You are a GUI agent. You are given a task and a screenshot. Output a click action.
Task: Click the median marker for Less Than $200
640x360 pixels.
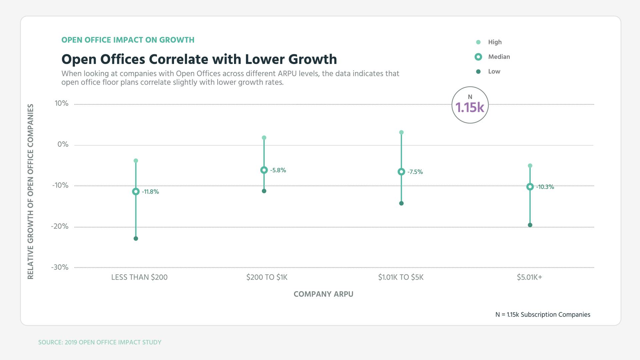(x=136, y=192)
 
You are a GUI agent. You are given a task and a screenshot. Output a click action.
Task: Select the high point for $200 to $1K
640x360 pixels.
(x=264, y=138)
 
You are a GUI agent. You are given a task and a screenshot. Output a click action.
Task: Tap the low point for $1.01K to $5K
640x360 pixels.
(x=401, y=203)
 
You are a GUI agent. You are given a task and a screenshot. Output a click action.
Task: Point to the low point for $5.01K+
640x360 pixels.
(x=530, y=225)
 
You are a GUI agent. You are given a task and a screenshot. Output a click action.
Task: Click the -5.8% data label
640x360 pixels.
(x=278, y=170)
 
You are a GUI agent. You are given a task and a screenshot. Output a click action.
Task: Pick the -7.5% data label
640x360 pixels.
(x=415, y=172)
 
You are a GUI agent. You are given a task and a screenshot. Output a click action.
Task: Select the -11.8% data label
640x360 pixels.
(x=150, y=192)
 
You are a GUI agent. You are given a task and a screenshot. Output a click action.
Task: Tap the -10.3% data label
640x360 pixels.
(x=545, y=187)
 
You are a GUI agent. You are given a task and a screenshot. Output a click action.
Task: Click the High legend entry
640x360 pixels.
(x=495, y=42)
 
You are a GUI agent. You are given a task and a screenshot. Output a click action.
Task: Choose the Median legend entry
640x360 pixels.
(x=499, y=57)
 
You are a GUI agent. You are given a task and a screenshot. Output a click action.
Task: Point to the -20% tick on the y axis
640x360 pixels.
(x=60, y=227)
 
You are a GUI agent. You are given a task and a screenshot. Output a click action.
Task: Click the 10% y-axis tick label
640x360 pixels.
(x=62, y=104)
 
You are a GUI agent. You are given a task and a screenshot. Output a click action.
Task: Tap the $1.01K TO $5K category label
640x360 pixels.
(x=401, y=277)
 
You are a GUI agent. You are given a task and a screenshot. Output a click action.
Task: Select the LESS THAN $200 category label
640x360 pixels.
(x=139, y=277)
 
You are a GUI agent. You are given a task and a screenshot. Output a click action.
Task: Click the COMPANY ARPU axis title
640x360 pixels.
(x=323, y=294)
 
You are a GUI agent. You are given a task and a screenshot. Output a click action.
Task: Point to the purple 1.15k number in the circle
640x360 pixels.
(x=470, y=107)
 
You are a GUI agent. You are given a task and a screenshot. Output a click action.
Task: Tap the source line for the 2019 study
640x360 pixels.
(x=100, y=342)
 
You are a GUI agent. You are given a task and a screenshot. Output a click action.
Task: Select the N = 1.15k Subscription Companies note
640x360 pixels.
(x=543, y=315)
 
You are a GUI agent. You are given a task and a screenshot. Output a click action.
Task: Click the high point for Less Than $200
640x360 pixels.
(x=136, y=161)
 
